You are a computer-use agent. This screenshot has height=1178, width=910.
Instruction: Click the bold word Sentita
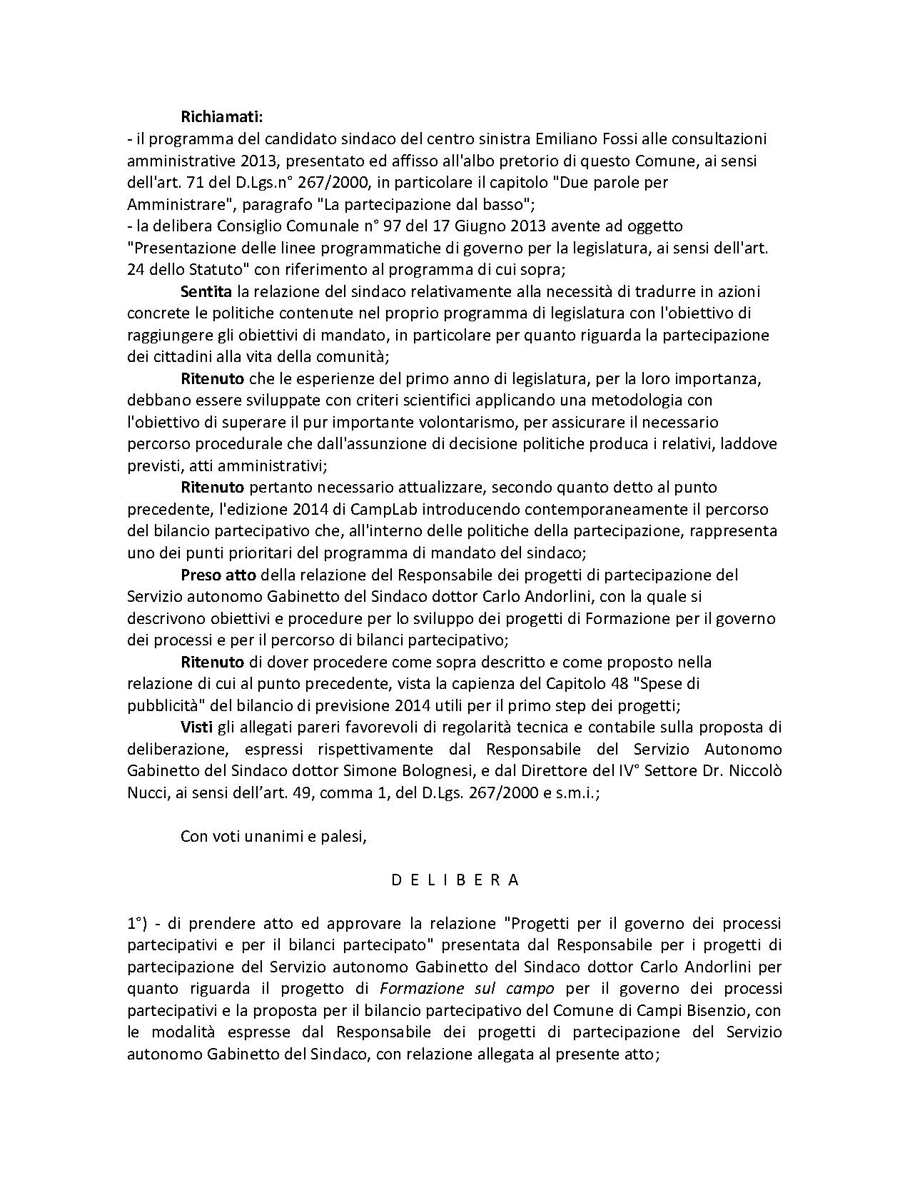point(206,291)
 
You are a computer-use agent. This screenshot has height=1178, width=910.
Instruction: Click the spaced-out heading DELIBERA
point(455,880)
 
